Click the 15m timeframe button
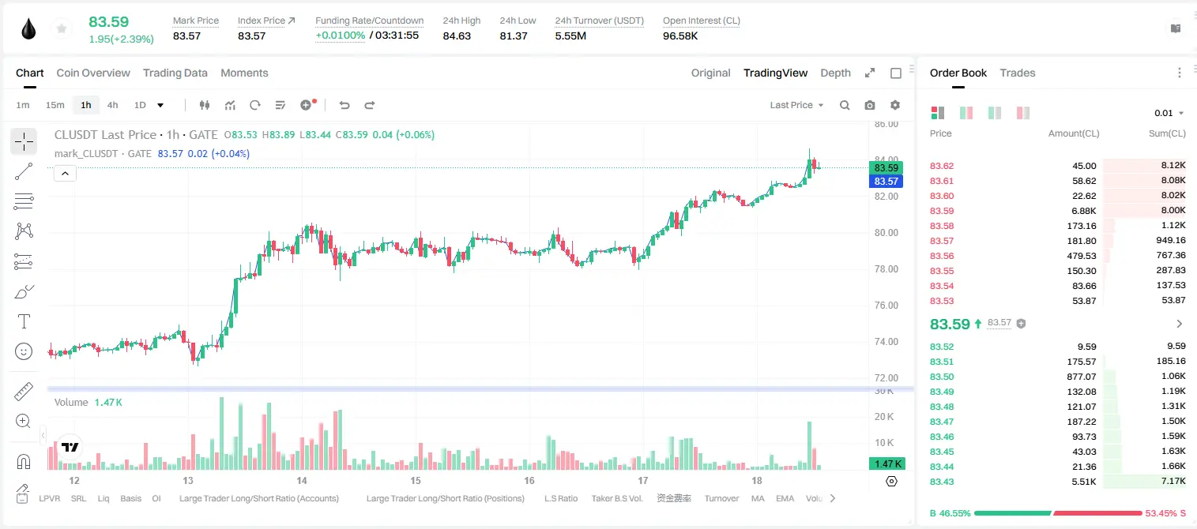click(x=55, y=105)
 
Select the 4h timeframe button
click(x=112, y=105)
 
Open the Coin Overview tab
click(x=93, y=73)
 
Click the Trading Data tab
click(x=175, y=73)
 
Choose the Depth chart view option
click(x=835, y=73)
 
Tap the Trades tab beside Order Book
click(x=1018, y=73)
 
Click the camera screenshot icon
click(x=869, y=105)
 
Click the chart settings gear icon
click(x=895, y=105)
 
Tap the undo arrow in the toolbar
click(x=344, y=105)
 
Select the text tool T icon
click(x=24, y=321)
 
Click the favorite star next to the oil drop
click(x=62, y=28)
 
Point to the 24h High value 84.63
click(x=457, y=36)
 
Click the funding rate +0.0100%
click(x=340, y=36)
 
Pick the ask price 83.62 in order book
click(x=942, y=166)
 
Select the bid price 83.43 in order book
click(x=942, y=482)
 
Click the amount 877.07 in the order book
click(x=1081, y=377)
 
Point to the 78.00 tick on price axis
click(x=886, y=269)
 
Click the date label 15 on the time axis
click(x=416, y=480)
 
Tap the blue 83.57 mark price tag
click(x=886, y=182)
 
